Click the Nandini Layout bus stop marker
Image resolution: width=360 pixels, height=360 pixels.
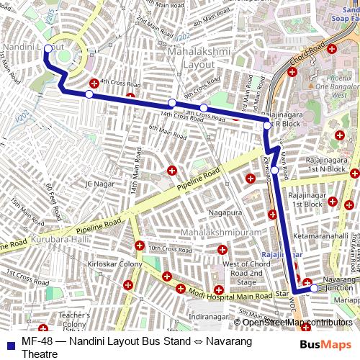(48, 49)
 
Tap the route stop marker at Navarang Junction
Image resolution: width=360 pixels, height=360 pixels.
(313, 288)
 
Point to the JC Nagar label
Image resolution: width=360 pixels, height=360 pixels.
(100, 184)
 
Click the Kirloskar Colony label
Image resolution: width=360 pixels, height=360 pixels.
(114, 265)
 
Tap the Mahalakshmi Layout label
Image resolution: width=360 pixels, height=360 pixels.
(191, 58)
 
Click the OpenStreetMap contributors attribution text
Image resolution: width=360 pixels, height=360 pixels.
(297, 322)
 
